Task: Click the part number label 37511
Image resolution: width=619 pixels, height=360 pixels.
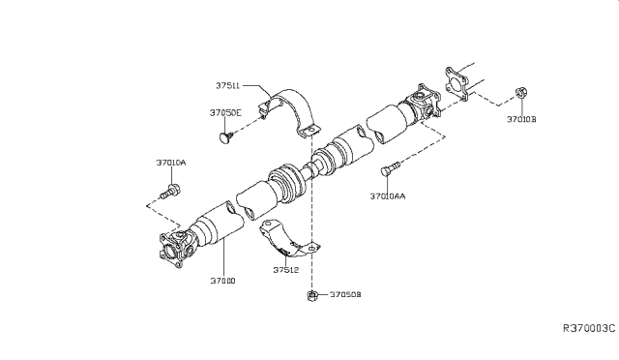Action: point(230,85)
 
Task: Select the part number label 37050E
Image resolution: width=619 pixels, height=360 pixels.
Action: point(226,112)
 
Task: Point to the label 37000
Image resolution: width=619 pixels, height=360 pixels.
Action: point(221,280)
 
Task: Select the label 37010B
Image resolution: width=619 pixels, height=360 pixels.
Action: point(528,121)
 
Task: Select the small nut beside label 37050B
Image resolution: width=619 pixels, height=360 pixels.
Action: point(314,294)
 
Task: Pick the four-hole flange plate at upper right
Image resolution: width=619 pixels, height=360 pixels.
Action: point(457,82)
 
